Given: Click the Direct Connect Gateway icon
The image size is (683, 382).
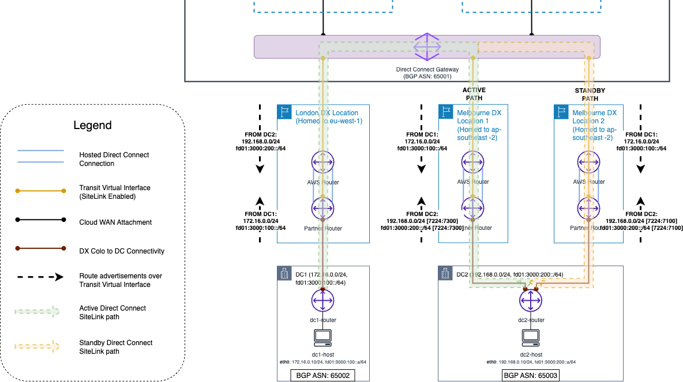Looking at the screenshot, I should (427, 47).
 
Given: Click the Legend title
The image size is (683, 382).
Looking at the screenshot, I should (92, 125).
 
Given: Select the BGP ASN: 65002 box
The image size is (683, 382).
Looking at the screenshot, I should (322, 375).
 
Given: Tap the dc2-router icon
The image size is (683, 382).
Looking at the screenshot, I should (530, 300).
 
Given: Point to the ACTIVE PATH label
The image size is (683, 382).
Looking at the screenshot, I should (474, 94).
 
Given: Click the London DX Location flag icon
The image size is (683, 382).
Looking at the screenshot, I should (284, 112).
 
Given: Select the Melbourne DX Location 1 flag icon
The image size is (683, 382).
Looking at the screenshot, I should (445, 112).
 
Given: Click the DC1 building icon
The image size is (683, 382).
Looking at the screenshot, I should (284, 273).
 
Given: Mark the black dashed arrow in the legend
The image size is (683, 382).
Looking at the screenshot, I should (39, 277).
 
